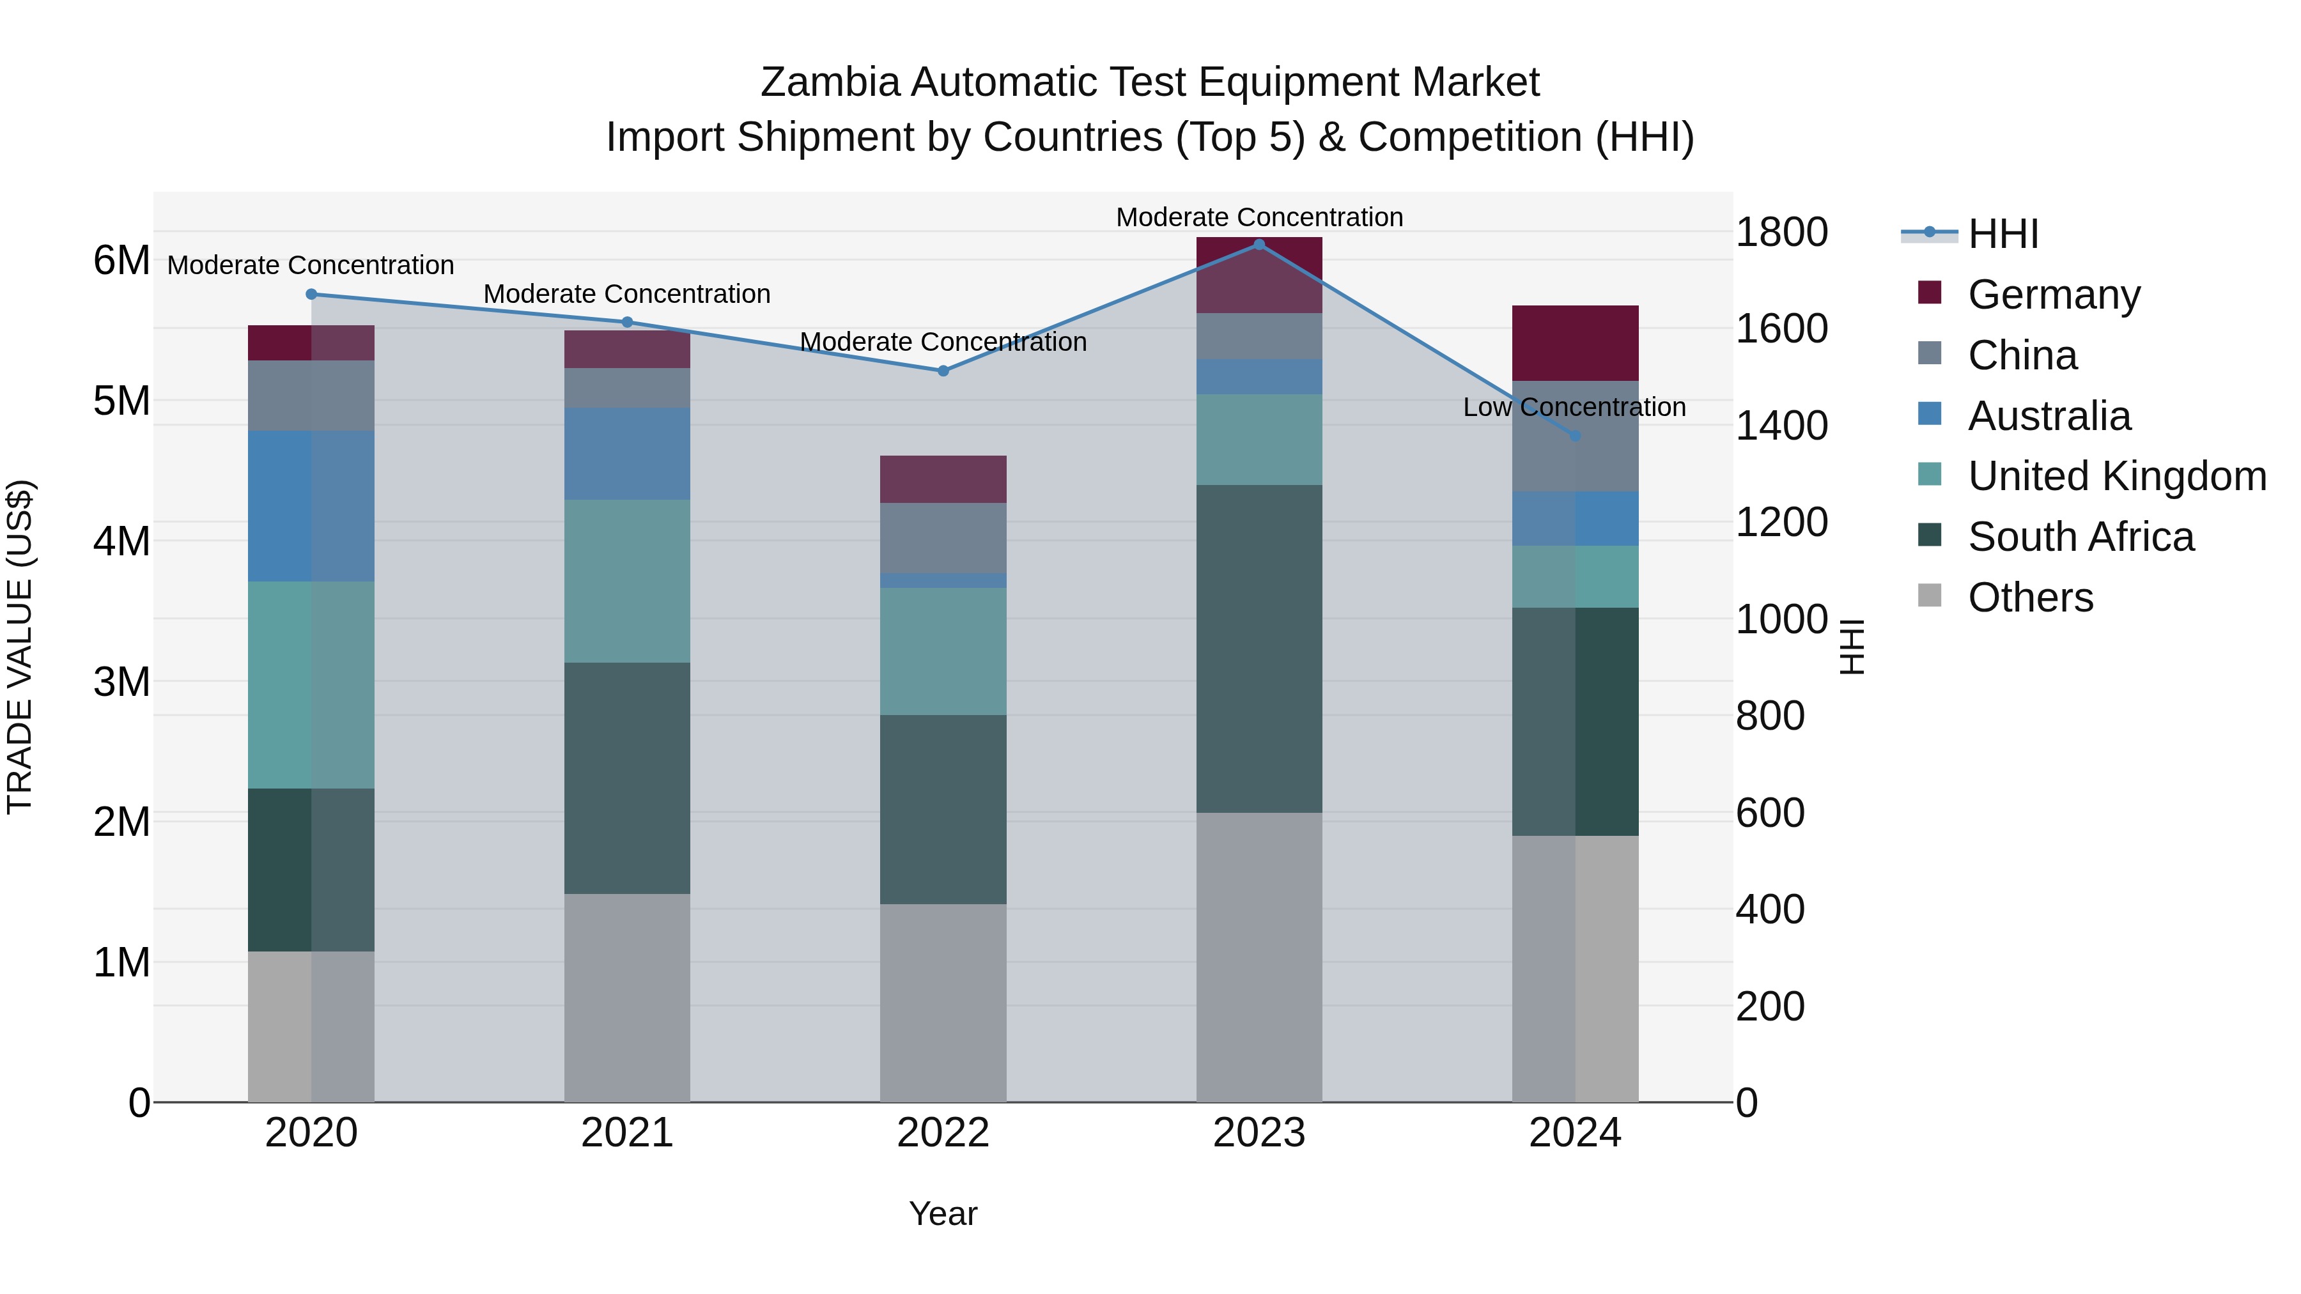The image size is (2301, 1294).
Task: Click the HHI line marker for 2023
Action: (1259, 245)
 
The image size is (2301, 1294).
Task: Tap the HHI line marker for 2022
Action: (943, 371)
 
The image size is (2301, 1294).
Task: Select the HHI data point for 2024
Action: (1575, 436)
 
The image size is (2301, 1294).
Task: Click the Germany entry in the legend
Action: (2052, 295)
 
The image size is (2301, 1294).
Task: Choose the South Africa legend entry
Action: (2079, 537)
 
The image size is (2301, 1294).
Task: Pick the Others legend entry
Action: (2029, 597)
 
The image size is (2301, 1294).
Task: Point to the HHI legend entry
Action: (2002, 234)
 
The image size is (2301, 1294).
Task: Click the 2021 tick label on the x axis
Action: (627, 1133)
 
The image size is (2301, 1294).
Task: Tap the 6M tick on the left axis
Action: (121, 261)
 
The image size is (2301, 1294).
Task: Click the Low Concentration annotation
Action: (1574, 407)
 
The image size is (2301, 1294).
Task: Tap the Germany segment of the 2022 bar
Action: (943, 479)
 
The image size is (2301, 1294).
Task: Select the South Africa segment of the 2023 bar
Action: (1259, 649)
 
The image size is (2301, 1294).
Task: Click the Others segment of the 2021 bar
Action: (627, 997)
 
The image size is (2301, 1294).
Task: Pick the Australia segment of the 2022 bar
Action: (943, 580)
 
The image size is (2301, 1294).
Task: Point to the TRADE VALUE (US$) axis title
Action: (20, 647)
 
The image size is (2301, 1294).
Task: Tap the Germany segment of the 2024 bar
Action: (1575, 343)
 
